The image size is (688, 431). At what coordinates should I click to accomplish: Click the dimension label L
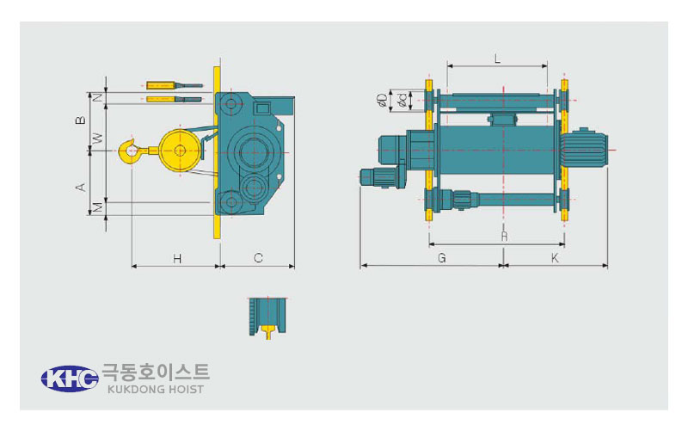[497, 58]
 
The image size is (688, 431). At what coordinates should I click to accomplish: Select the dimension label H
[177, 258]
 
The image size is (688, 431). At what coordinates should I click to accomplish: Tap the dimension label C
[258, 258]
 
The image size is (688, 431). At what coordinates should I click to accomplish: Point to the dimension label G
[442, 258]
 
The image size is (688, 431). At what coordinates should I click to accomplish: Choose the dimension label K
[555, 258]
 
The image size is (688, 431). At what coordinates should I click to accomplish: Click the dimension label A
[81, 187]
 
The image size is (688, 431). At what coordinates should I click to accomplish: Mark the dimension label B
[81, 120]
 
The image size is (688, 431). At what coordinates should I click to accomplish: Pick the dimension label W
[99, 139]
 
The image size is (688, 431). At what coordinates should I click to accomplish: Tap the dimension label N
[99, 97]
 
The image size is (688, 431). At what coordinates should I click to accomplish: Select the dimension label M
[99, 206]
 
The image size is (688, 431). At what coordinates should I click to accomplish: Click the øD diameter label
[382, 100]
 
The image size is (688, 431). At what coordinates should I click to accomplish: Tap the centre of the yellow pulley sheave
[180, 151]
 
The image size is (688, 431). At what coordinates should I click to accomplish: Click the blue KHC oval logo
[70, 379]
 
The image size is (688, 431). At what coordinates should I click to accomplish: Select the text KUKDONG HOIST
[156, 390]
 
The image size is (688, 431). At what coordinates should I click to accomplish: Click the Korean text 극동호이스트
[156, 373]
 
